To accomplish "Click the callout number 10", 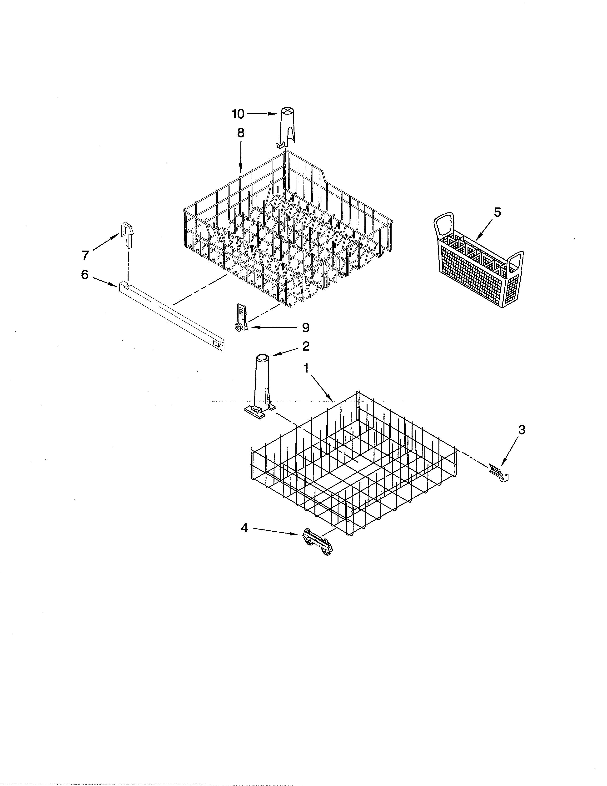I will pyautogui.click(x=238, y=114).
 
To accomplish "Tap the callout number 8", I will pyautogui.click(x=241, y=133).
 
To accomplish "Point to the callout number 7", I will pyautogui.click(x=85, y=255).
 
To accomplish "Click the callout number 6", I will pyautogui.click(x=85, y=275).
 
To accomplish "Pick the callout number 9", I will pyautogui.click(x=305, y=327).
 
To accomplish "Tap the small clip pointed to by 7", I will pyautogui.click(x=127, y=234).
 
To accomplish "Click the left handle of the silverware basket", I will pyautogui.click(x=444, y=225).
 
